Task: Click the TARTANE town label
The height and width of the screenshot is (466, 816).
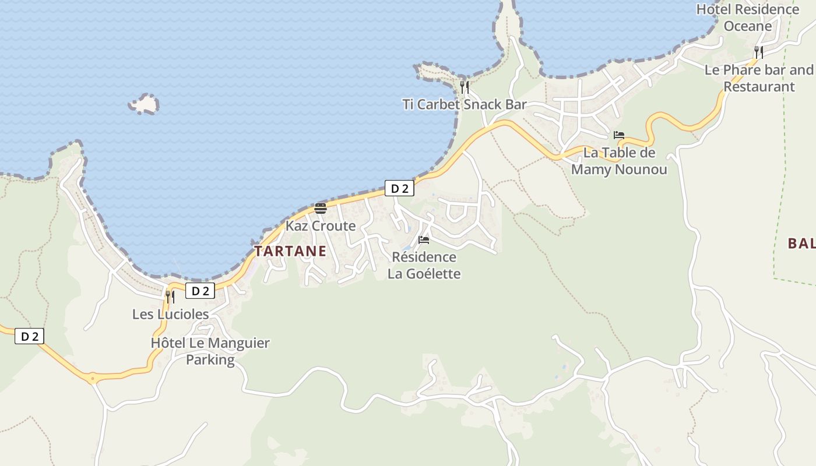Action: (290, 251)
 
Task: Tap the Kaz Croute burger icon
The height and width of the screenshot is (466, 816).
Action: (320, 209)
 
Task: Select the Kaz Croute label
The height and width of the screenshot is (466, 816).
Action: (320, 226)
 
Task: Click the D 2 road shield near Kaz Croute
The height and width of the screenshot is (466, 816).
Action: (399, 188)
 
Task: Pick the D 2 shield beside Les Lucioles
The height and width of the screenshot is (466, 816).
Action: (201, 291)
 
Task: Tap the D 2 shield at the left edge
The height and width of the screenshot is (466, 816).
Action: (29, 336)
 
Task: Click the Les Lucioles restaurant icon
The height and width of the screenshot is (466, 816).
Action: (170, 296)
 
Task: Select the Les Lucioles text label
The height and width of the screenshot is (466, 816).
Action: (170, 314)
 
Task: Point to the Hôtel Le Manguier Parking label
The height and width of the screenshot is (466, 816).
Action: (210, 351)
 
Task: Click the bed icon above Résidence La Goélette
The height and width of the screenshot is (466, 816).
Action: (424, 239)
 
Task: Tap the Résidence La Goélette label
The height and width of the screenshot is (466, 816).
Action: (424, 265)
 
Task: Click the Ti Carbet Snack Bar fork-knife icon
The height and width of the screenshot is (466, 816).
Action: (465, 87)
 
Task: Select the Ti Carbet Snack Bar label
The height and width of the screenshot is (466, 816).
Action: (465, 105)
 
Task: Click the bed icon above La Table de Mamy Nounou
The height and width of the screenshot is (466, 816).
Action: (619, 135)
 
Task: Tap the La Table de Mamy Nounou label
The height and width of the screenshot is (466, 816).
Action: (619, 161)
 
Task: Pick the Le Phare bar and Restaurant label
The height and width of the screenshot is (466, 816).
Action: (758, 78)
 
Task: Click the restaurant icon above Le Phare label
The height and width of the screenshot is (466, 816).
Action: (758, 52)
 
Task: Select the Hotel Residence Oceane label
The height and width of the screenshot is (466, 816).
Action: (748, 17)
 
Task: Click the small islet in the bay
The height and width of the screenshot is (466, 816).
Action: (144, 104)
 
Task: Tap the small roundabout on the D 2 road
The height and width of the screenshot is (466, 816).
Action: (92, 378)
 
